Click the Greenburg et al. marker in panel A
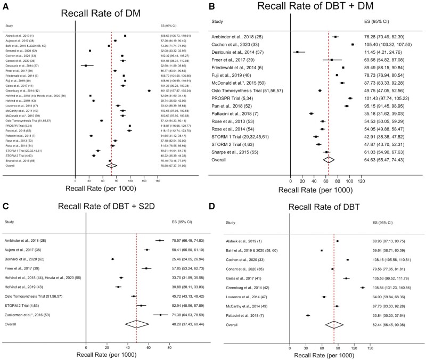click(149, 91)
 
